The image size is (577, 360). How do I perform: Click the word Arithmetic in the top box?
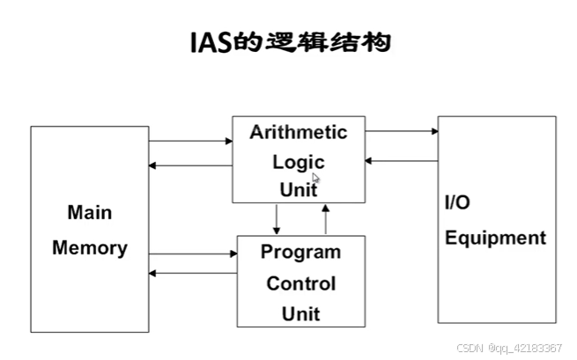pyautogui.click(x=299, y=133)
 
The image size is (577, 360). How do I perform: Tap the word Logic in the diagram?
pyautogui.click(x=299, y=162)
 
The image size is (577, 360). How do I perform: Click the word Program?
pyautogui.click(x=300, y=253)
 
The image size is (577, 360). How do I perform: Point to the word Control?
pyautogui.click(x=300, y=283)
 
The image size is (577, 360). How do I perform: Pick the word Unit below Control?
pyautogui.click(x=300, y=313)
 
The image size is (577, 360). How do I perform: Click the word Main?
pyautogui.click(x=89, y=213)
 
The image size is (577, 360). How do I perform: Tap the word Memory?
pyautogui.click(x=89, y=248)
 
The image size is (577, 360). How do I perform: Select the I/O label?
pyautogui.click(x=457, y=203)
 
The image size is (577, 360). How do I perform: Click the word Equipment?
pyautogui.click(x=495, y=238)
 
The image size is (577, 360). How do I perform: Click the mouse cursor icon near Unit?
pyautogui.click(x=315, y=178)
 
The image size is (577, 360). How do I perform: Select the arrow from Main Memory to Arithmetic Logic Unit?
pyautogui.click(x=190, y=141)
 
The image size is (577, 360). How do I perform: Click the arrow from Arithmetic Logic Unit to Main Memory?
pyautogui.click(x=190, y=165)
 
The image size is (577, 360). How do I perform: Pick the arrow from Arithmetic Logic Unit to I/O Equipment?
pyautogui.click(x=402, y=132)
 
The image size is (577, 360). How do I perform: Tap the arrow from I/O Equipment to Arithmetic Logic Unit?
pyautogui.click(x=402, y=161)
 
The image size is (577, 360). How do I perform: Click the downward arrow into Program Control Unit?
pyautogui.click(x=277, y=218)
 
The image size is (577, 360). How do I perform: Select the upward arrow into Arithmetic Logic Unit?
pyautogui.click(x=325, y=218)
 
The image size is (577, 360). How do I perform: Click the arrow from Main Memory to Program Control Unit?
pyautogui.click(x=193, y=254)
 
